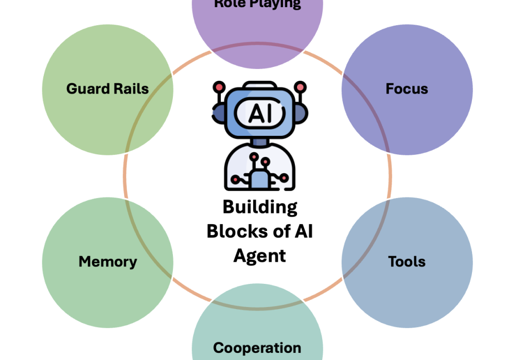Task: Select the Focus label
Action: (x=407, y=88)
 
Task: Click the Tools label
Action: (x=407, y=261)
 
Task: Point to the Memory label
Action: (x=108, y=261)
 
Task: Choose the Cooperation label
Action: (x=257, y=348)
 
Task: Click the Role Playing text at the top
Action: (x=257, y=4)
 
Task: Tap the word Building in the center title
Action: (x=260, y=207)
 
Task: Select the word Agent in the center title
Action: (x=260, y=255)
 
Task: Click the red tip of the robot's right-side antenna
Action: (x=301, y=86)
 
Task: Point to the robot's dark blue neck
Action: (x=260, y=141)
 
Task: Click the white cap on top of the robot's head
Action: (x=260, y=85)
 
